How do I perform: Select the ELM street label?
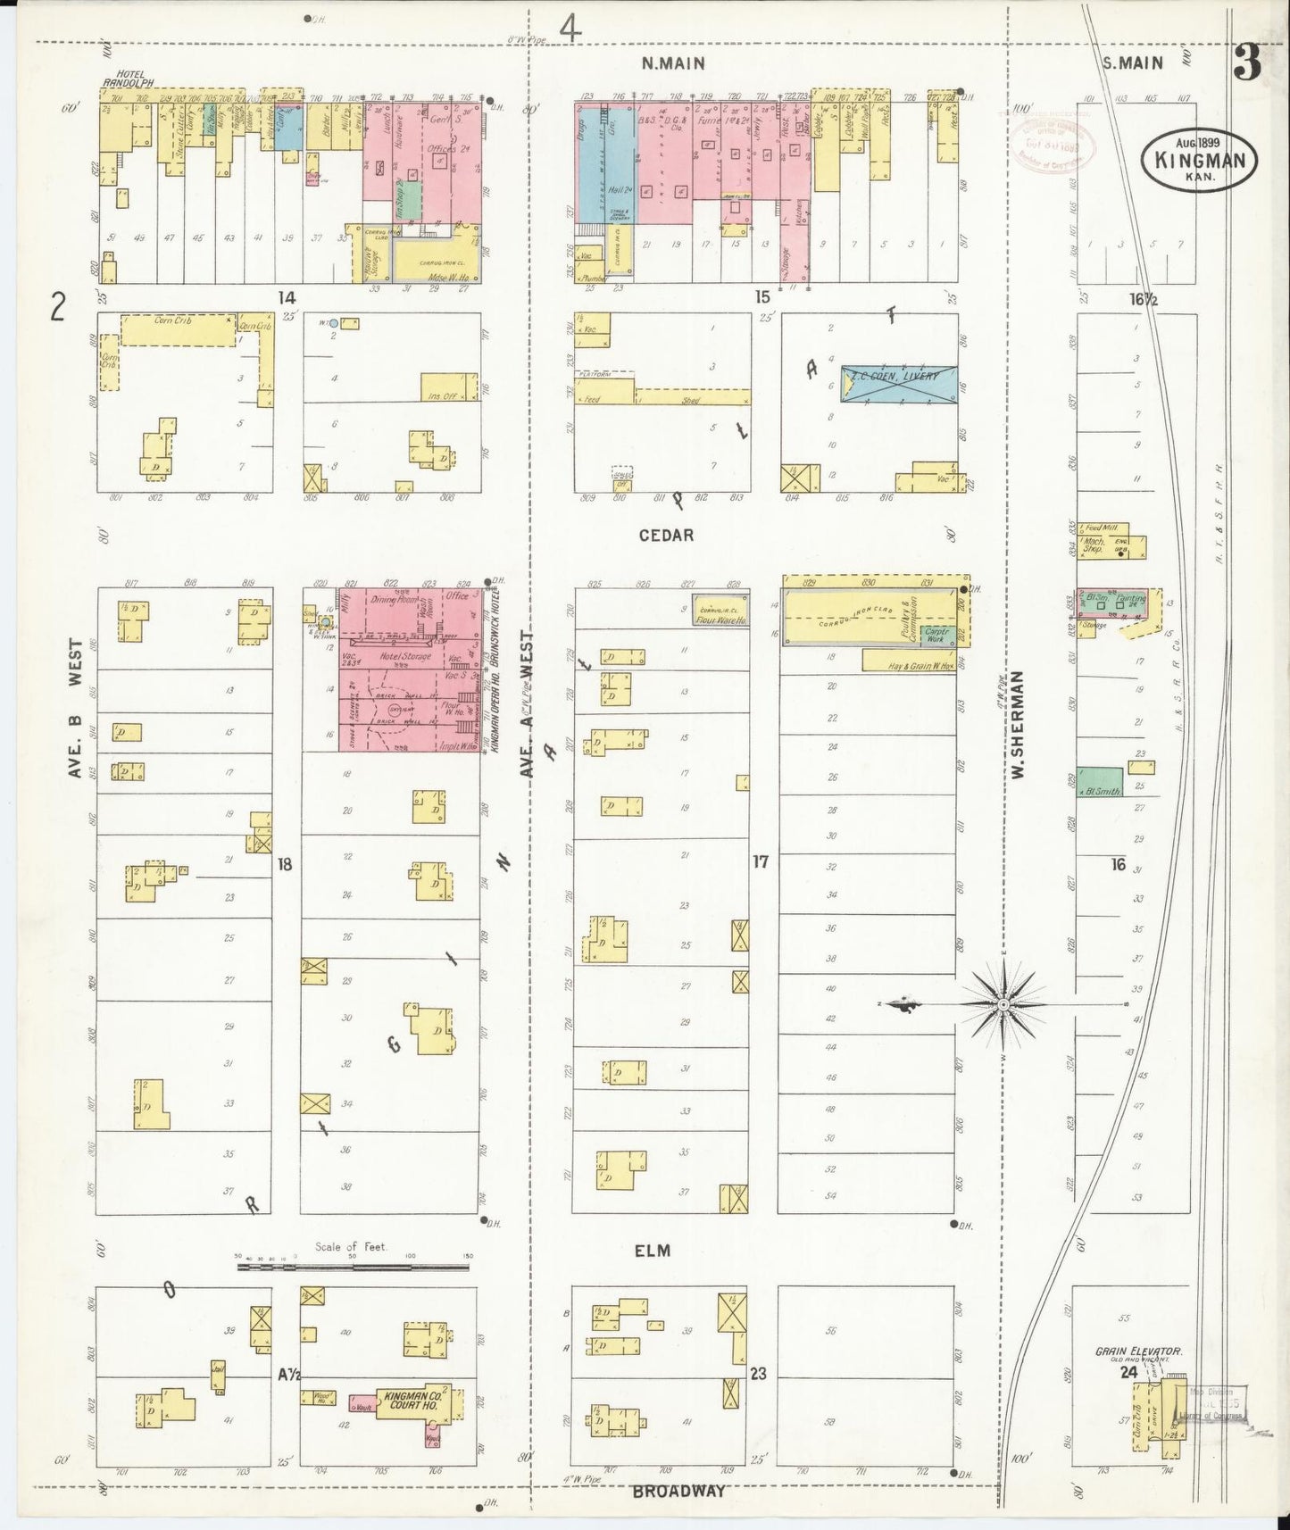click(652, 1251)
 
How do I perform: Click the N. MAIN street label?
click(672, 63)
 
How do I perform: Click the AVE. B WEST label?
click(75, 708)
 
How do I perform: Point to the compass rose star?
click(1003, 1005)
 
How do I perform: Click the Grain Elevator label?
click(1138, 1351)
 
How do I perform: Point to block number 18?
click(284, 863)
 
